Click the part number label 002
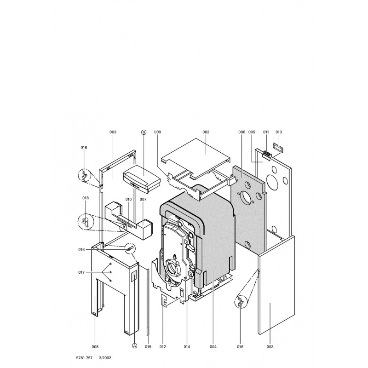(206, 132)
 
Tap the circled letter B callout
(144, 132)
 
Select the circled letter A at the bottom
(134, 346)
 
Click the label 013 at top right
(279, 132)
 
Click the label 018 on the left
(86, 198)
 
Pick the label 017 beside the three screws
(81, 272)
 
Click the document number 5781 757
(84, 358)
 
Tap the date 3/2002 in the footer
(105, 358)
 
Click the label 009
(157, 132)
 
